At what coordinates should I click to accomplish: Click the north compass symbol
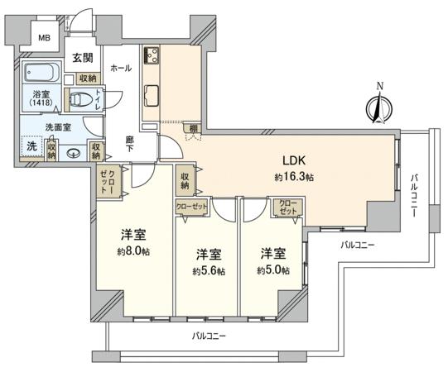(x=379, y=107)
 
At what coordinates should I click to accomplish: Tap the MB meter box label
(x=45, y=37)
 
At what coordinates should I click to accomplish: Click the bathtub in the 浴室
(x=41, y=72)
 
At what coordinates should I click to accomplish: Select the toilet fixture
(x=81, y=99)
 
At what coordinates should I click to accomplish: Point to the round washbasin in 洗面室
(x=74, y=154)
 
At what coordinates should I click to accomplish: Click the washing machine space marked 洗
(x=31, y=146)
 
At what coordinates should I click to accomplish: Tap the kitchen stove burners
(x=152, y=55)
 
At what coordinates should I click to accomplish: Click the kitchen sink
(x=152, y=96)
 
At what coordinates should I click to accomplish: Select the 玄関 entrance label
(x=83, y=58)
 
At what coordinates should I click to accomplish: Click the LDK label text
(x=294, y=160)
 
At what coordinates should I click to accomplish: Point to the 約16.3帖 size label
(x=294, y=178)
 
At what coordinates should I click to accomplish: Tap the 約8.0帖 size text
(x=133, y=251)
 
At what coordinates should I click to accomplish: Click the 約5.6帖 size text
(x=209, y=271)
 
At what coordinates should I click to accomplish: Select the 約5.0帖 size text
(x=273, y=269)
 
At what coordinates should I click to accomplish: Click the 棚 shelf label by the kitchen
(x=193, y=128)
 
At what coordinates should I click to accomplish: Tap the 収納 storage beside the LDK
(x=185, y=181)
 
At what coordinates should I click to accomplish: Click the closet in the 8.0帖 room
(x=108, y=182)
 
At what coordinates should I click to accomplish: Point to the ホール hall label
(x=121, y=68)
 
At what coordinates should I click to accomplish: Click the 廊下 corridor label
(x=130, y=144)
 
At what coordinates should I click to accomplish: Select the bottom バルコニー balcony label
(x=209, y=336)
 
